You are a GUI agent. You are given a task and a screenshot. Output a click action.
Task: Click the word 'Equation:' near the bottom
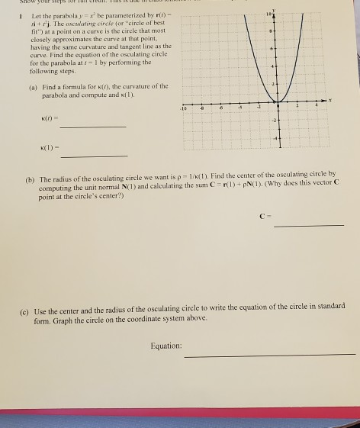point(166,346)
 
